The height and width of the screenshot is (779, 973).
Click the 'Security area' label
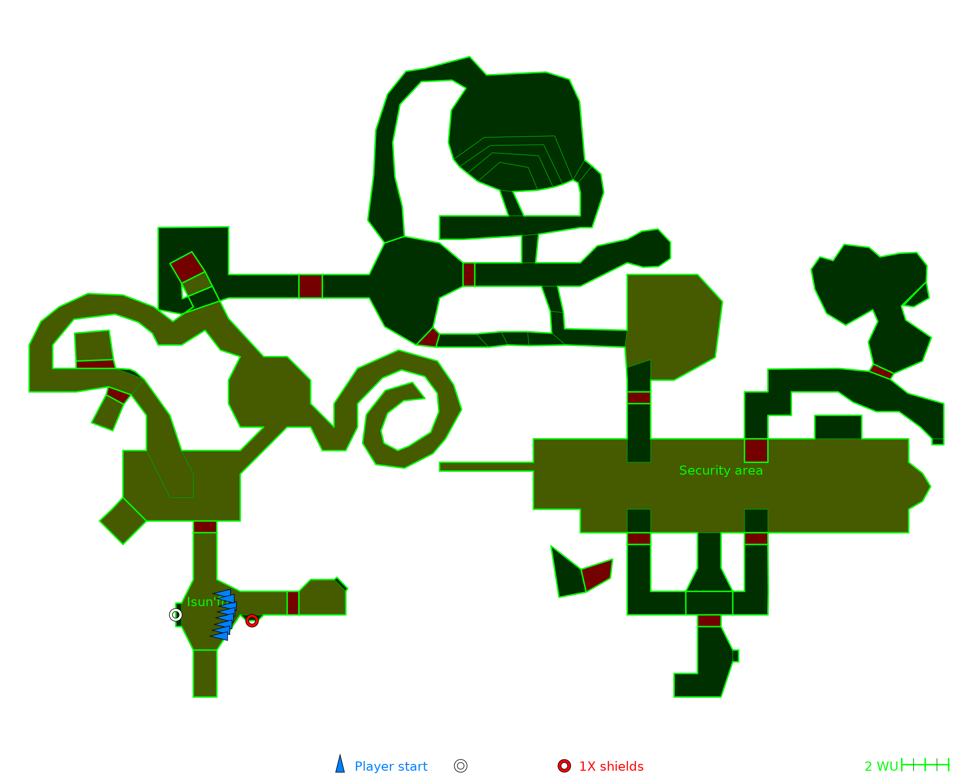(721, 470)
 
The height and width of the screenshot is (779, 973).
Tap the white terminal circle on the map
(176, 615)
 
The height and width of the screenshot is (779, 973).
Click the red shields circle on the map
(252, 621)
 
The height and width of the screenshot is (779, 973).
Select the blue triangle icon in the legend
(340, 765)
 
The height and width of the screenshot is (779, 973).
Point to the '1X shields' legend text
(611, 766)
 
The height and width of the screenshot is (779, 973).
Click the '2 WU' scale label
(881, 766)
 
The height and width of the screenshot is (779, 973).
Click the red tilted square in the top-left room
(187, 267)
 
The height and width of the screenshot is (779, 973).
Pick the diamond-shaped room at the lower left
(123, 521)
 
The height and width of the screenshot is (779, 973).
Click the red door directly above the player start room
(205, 527)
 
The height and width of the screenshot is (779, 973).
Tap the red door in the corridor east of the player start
(293, 603)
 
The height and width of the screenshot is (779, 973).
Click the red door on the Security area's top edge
(756, 450)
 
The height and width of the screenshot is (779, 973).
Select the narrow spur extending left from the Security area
(486, 467)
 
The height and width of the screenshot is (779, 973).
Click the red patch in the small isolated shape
(597, 575)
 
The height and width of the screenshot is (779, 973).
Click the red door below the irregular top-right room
(882, 371)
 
